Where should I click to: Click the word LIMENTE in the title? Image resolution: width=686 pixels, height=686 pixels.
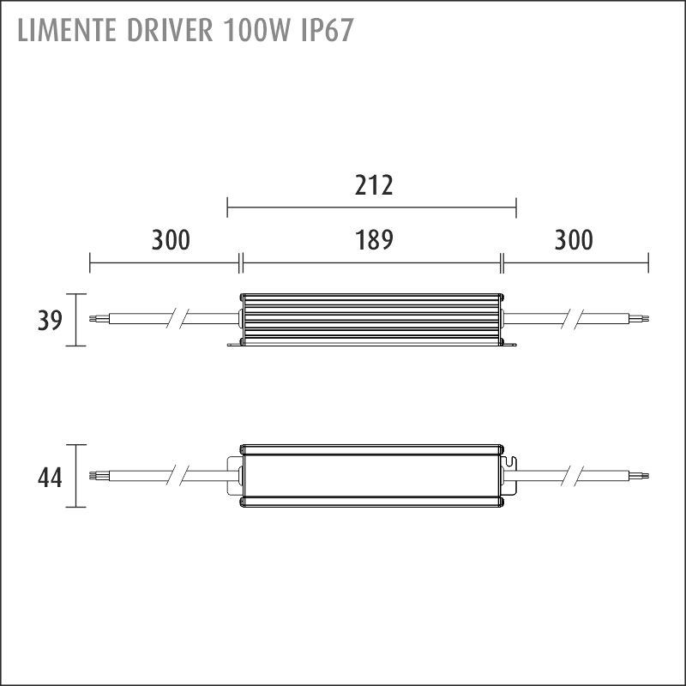point(67,31)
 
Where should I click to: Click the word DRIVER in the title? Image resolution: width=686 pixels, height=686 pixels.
point(170,31)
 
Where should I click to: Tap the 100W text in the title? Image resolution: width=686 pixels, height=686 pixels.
point(256,31)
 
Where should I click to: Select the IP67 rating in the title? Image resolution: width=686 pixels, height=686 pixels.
point(327,31)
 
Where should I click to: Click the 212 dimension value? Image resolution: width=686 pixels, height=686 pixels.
point(374,185)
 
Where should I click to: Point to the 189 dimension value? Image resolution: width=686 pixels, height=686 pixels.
point(374,240)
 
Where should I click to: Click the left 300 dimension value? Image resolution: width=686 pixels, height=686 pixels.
point(171,240)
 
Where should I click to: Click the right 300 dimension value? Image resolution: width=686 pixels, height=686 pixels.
point(574,240)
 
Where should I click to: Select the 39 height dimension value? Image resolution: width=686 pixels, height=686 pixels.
point(50,320)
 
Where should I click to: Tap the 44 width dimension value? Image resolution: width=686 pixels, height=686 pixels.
point(50,478)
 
